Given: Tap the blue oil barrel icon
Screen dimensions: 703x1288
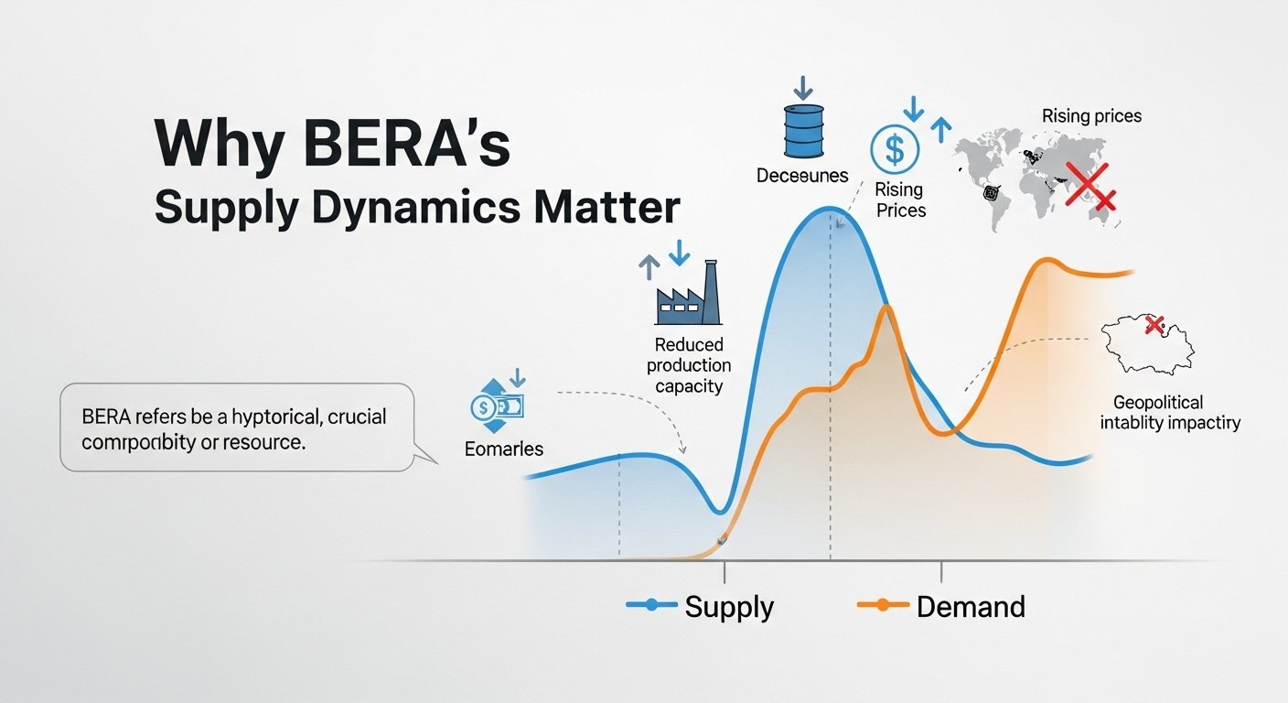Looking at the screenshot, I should coord(802,130).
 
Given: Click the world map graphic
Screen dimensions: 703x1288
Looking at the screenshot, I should coord(1034,178).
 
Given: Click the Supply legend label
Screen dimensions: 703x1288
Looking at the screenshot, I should coord(729,606).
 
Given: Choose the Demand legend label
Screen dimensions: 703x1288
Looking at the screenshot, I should coord(971,606).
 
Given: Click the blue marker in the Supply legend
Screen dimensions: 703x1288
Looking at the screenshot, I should coord(651,604).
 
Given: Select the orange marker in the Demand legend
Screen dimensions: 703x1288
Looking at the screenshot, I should coord(883,604).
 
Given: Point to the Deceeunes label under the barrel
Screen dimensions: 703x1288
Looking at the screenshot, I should coord(802,175).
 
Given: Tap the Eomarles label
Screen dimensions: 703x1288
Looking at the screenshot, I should coord(504,449).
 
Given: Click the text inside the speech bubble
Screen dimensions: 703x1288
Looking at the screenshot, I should coord(234,429).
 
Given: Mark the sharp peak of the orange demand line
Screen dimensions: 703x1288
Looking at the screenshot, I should coord(886,308).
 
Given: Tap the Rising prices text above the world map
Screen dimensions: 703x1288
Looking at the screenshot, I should coord(1091,116).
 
